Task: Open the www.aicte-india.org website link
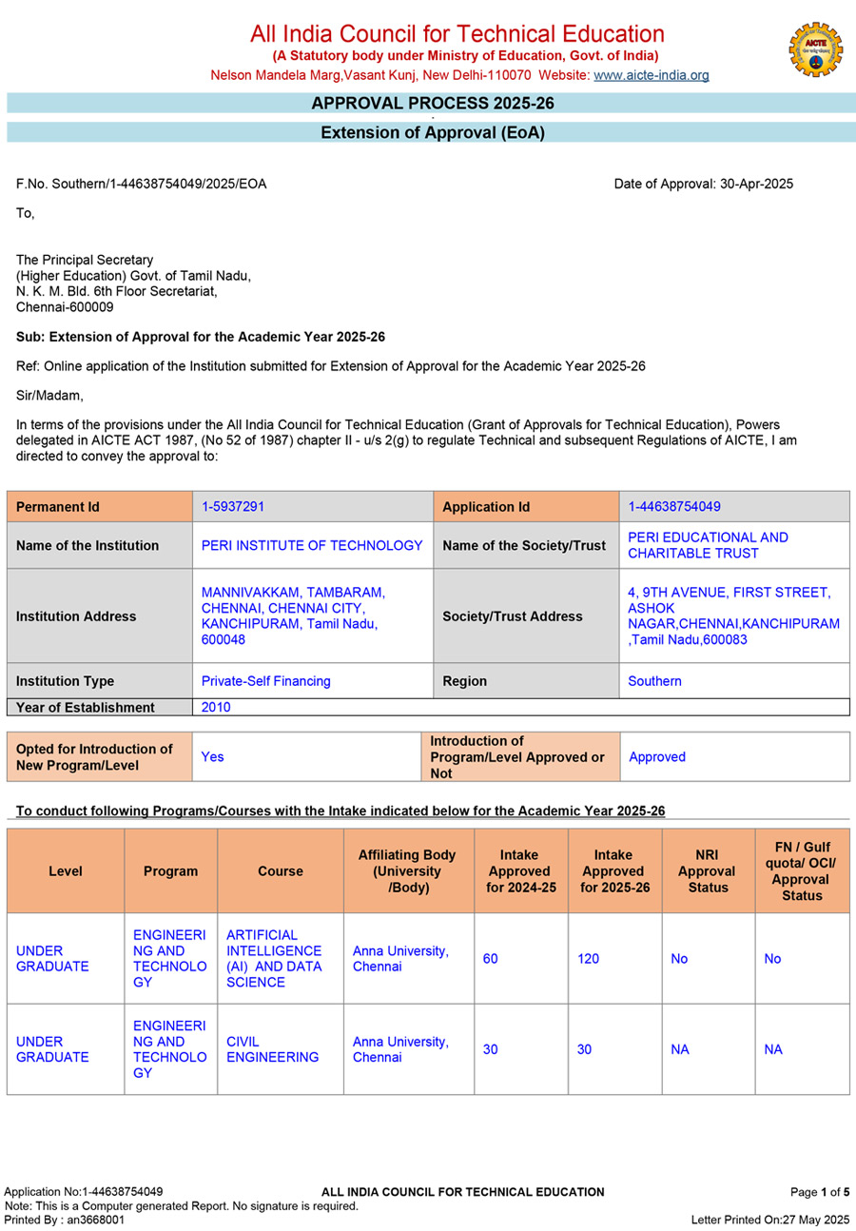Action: (x=651, y=75)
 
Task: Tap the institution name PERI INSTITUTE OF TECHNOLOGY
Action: (x=312, y=545)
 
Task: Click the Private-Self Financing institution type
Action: (x=266, y=681)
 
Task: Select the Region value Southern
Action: (x=654, y=681)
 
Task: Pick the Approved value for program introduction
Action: (x=657, y=756)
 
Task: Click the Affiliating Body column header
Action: (x=408, y=870)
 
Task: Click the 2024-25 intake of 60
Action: (x=490, y=959)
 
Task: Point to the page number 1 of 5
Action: (x=820, y=1191)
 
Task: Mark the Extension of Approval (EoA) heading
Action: (x=432, y=133)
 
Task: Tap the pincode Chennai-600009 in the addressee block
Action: (x=65, y=306)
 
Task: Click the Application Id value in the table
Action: (x=674, y=507)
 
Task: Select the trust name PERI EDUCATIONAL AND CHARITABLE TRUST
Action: (x=709, y=545)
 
